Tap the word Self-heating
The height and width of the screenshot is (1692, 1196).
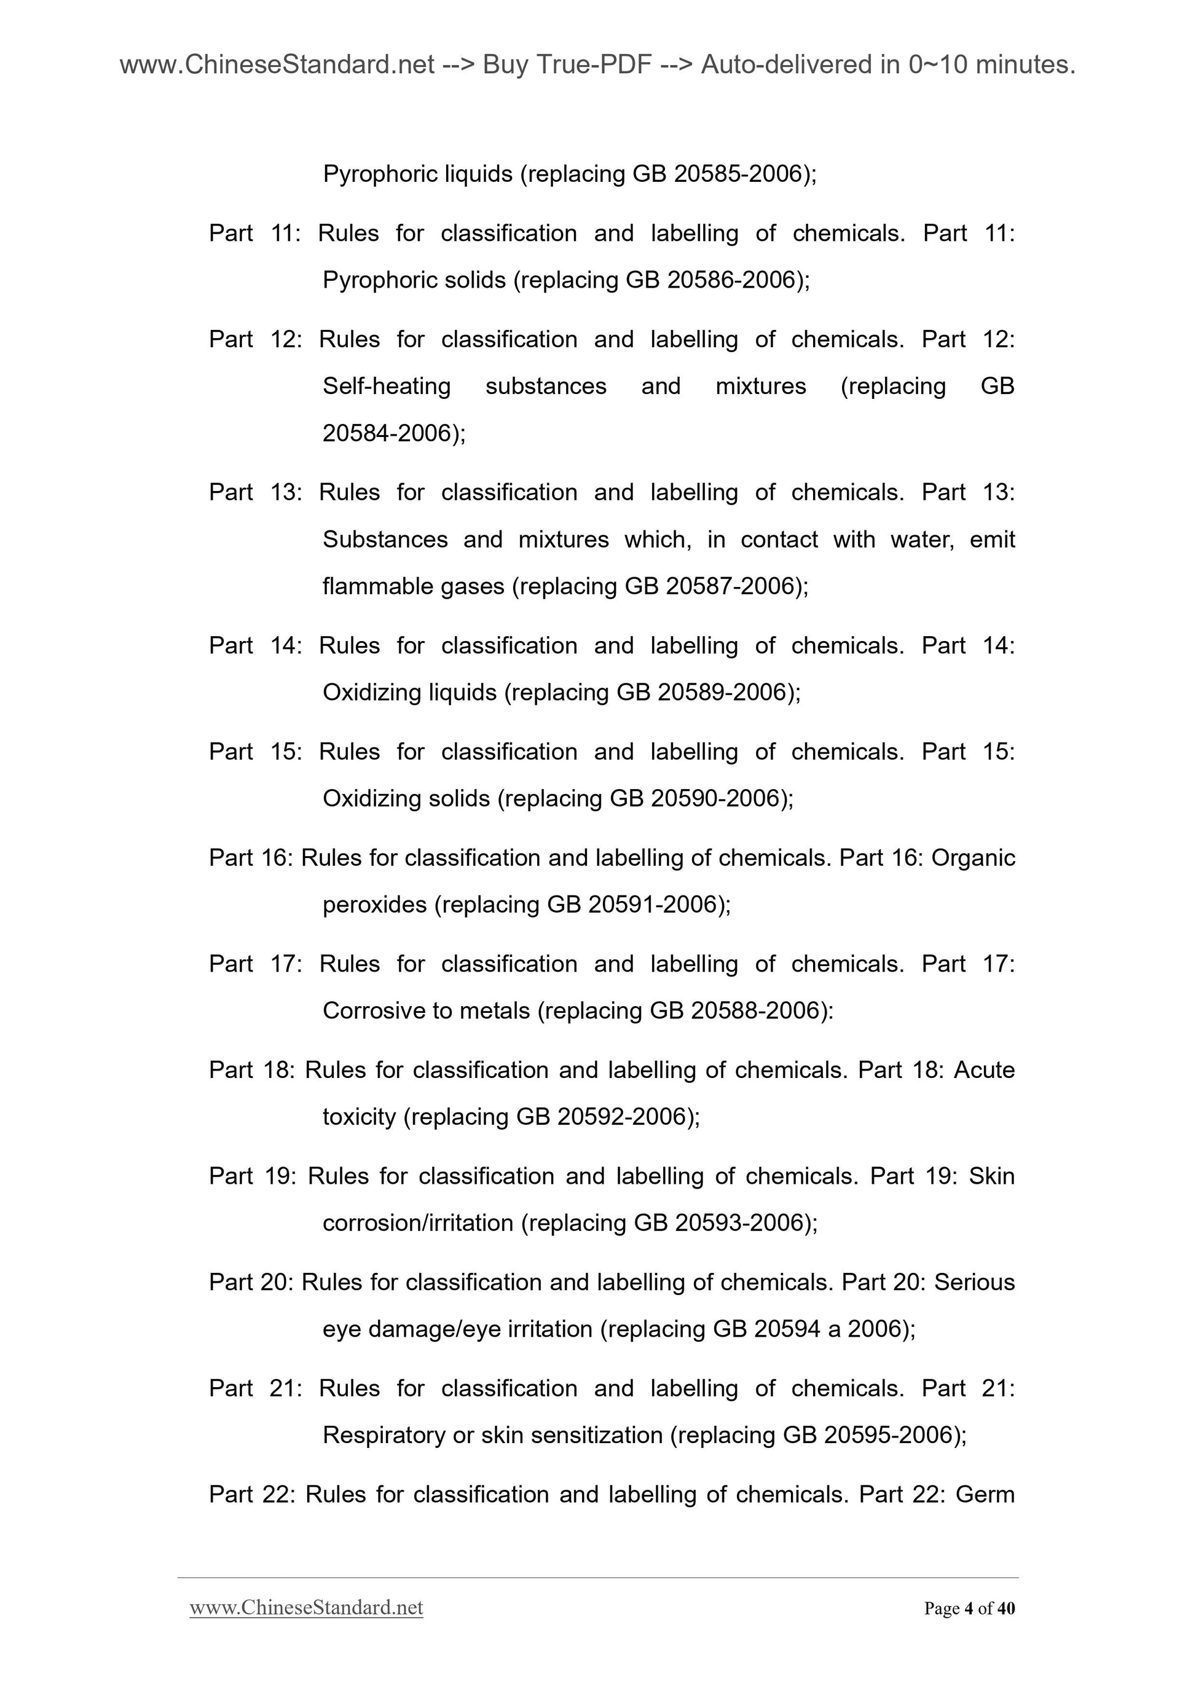click(x=387, y=386)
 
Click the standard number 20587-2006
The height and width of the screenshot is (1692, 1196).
click(x=730, y=586)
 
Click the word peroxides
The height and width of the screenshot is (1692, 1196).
click(x=374, y=905)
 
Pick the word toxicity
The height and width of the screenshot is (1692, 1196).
click(x=360, y=1117)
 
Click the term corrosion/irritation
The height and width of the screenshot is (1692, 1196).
click(x=418, y=1223)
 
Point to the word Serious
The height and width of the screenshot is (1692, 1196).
click(x=974, y=1282)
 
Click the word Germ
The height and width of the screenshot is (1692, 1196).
click(x=985, y=1495)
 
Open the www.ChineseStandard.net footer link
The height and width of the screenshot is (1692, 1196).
click(x=307, y=1608)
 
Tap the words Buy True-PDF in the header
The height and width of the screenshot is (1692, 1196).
click(x=567, y=66)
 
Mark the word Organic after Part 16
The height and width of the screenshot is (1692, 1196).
click(x=973, y=858)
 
